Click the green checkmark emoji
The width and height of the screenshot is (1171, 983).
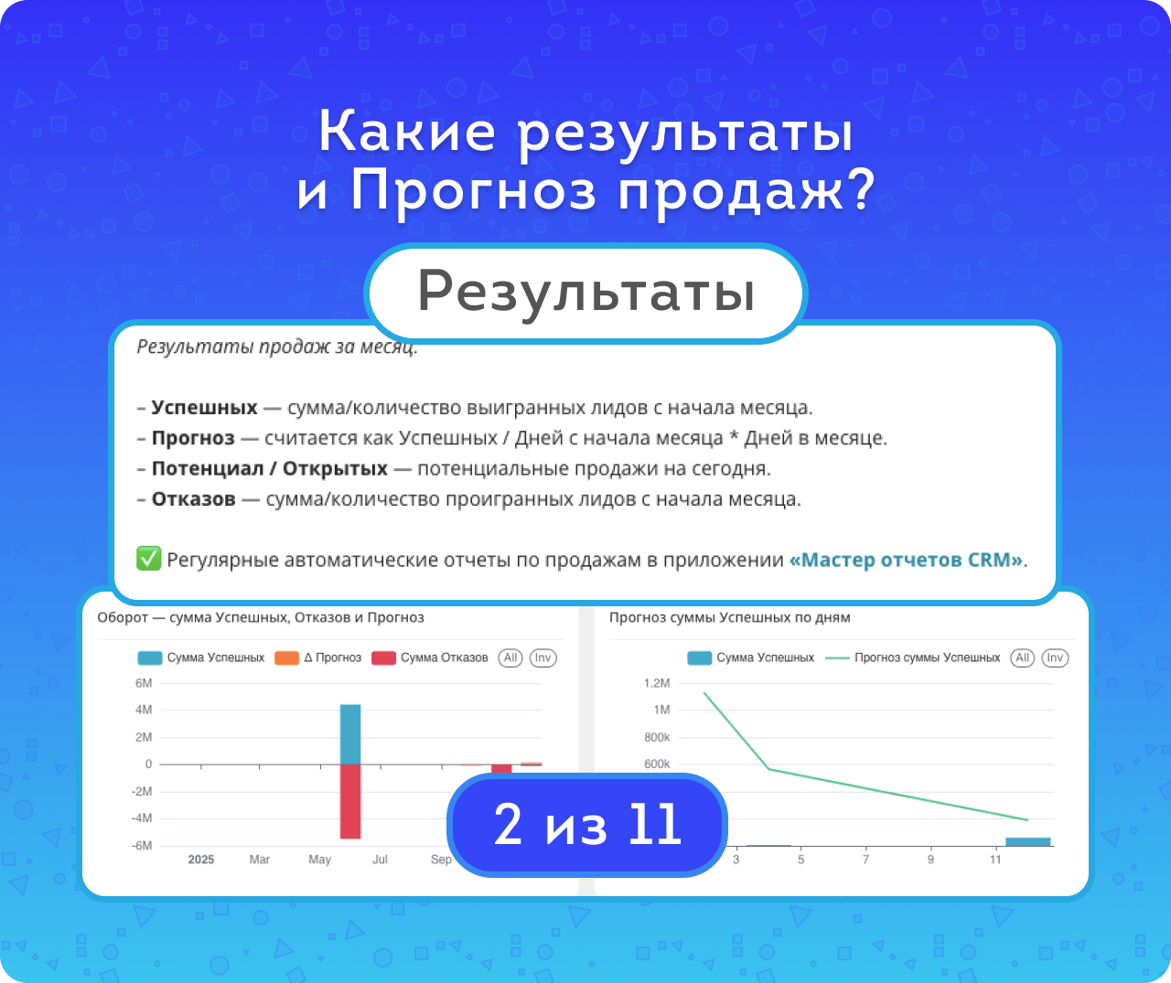pos(148,559)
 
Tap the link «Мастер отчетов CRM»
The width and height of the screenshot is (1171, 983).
pos(906,560)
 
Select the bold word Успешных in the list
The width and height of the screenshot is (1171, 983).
pos(204,407)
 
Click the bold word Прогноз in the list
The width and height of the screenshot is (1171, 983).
pos(193,437)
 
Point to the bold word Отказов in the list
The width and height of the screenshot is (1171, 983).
pos(193,498)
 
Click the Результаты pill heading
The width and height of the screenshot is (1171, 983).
pos(585,293)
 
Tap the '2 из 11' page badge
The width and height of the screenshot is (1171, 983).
pos(587,824)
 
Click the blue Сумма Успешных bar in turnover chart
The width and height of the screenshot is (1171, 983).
pos(350,734)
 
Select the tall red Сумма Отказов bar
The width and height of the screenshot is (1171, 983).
pos(350,801)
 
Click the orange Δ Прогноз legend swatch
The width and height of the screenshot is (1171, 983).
pos(286,657)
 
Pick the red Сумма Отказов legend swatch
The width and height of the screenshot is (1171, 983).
pos(383,657)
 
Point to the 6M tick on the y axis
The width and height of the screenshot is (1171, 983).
pos(144,683)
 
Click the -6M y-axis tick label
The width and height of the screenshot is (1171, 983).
pos(141,846)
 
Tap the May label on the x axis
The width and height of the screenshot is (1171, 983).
pos(319,860)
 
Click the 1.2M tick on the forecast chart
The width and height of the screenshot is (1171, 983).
pos(657,683)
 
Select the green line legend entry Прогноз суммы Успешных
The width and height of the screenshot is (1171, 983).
pos(912,657)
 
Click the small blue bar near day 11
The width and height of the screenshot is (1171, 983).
pos(1028,841)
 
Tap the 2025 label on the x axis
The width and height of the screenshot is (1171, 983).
pos(200,860)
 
